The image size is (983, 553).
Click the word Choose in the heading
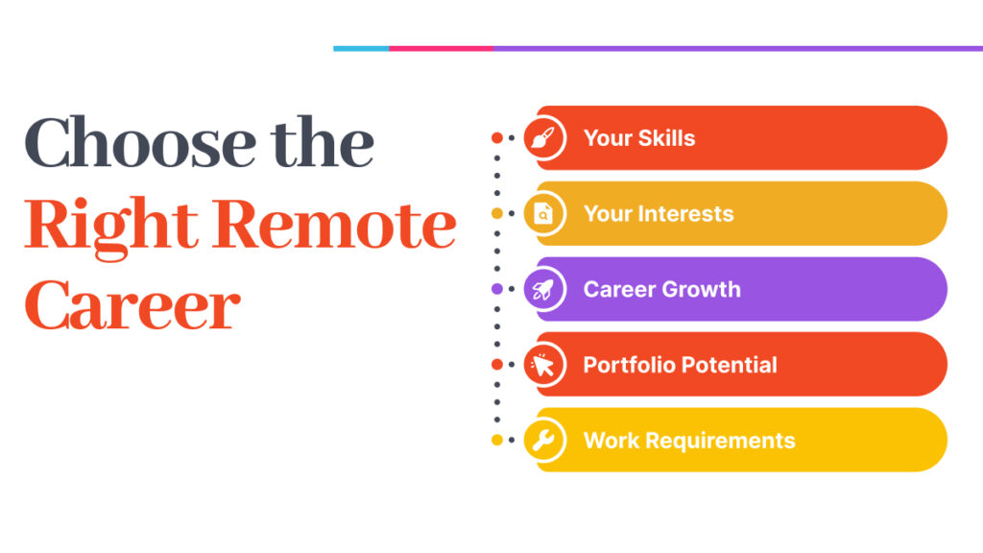point(140,143)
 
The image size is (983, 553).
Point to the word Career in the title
point(132,305)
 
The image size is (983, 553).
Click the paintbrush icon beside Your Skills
point(543,138)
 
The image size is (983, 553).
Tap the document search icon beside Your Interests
point(543,214)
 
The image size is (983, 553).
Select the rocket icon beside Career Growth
point(543,289)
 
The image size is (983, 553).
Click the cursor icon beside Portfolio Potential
point(542,365)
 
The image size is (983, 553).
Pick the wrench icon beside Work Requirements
point(543,440)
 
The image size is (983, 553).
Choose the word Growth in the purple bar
point(702,289)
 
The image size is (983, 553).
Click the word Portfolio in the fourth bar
point(629,365)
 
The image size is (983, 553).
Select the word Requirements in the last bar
point(720,441)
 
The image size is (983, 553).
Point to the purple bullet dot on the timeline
point(497,289)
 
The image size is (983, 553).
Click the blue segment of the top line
point(361,48)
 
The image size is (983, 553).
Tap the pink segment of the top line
point(441,48)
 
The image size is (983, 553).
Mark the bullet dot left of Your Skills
point(497,138)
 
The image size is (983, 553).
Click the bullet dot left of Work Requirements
point(497,440)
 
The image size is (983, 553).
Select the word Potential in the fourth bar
point(730,365)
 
